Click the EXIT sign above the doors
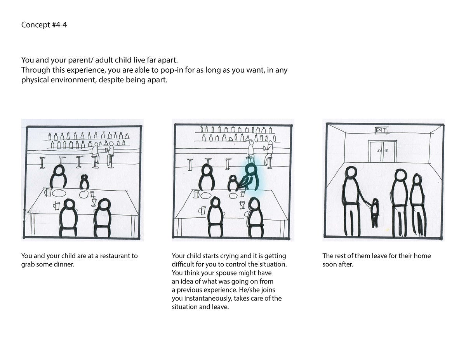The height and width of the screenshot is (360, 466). click(x=381, y=130)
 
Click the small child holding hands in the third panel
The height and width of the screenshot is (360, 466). click(x=375, y=213)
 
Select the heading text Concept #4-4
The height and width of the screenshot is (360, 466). click(x=44, y=24)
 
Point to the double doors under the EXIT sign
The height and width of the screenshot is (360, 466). click(x=383, y=151)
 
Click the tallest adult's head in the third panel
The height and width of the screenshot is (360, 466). click(x=351, y=172)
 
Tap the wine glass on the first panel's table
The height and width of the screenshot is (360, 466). click(x=94, y=202)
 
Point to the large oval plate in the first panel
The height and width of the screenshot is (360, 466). click(x=59, y=193)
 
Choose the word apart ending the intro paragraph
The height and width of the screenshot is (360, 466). click(x=157, y=80)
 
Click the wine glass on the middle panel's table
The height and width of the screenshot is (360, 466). click(x=242, y=205)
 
